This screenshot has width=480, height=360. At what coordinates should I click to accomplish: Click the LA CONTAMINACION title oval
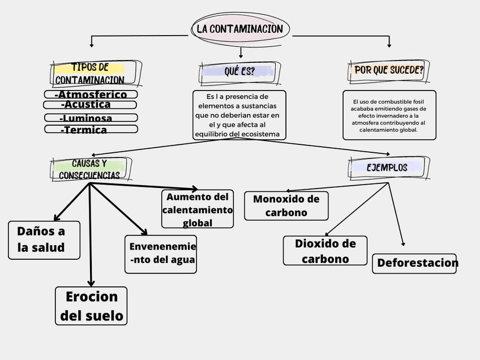click(240, 29)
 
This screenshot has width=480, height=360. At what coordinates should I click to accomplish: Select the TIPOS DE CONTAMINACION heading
click(91, 74)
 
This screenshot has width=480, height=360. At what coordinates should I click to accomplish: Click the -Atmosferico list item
click(91, 95)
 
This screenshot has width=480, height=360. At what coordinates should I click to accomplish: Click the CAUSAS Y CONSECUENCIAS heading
click(90, 169)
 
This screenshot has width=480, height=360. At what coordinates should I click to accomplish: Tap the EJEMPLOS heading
click(387, 168)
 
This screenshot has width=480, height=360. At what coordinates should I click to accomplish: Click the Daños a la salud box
click(44, 240)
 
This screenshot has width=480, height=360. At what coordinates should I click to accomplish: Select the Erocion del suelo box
click(91, 306)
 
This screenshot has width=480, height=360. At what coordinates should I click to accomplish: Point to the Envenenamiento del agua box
click(161, 254)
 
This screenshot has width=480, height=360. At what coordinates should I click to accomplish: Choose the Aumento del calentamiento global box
click(198, 209)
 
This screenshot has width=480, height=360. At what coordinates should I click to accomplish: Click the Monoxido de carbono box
click(286, 205)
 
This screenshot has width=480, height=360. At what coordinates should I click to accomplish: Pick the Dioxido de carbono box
click(325, 251)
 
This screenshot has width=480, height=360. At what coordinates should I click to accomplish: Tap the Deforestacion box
click(414, 263)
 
